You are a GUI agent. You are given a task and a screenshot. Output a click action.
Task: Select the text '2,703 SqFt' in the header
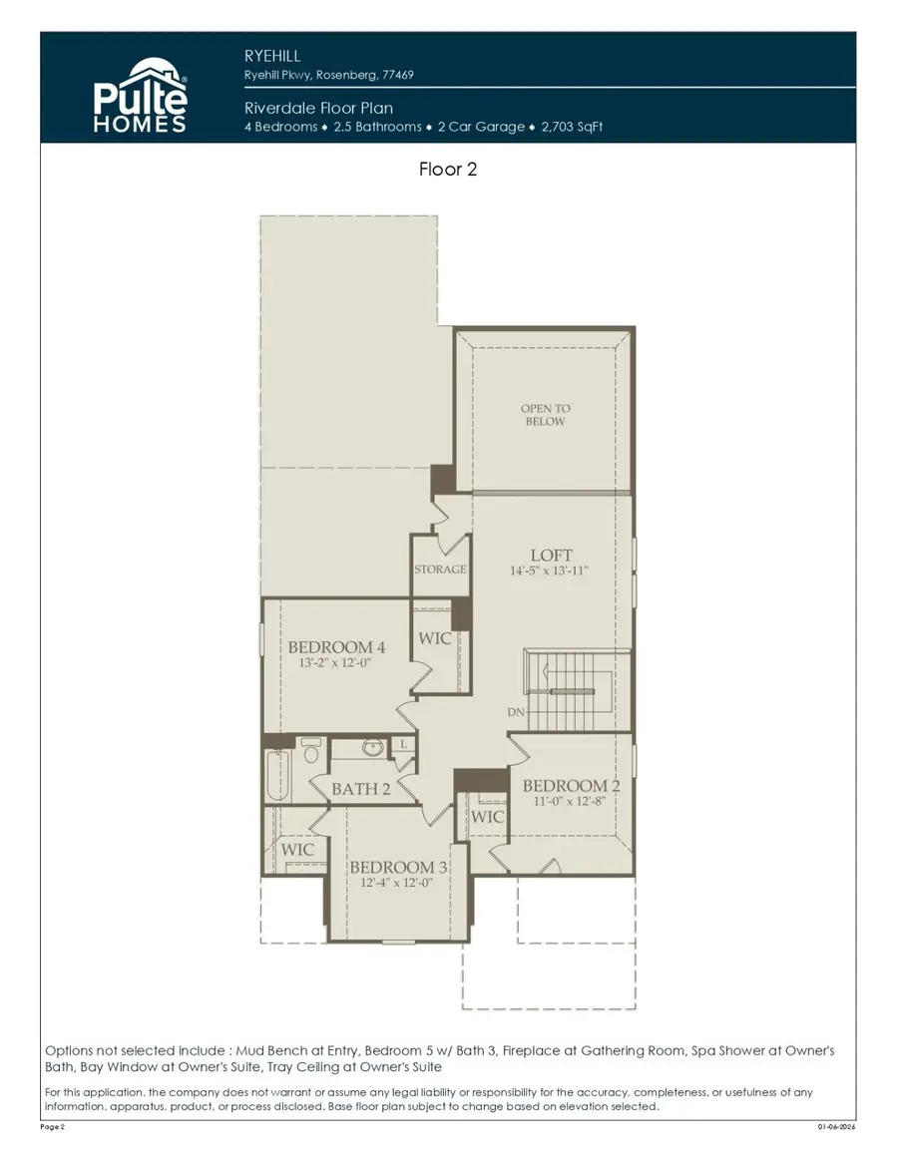click(572, 127)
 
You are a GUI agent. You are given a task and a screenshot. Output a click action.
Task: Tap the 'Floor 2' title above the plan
click(448, 170)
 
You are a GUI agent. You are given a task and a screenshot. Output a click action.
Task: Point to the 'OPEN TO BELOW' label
click(545, 415)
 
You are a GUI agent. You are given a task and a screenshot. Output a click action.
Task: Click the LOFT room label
click(551, 555)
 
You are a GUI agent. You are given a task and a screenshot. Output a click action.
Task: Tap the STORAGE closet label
click(440, 570)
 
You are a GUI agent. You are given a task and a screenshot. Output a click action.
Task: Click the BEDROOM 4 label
click(336, 647)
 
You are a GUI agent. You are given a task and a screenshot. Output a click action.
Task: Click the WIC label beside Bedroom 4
click(434, 638)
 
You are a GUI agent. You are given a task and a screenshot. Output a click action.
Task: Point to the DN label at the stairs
click(516, 712)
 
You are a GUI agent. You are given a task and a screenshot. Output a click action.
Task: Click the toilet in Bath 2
click(310, 748)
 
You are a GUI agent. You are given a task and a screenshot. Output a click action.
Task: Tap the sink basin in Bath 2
click(373, 747)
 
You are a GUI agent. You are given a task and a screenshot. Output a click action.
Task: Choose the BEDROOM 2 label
click(565, 786)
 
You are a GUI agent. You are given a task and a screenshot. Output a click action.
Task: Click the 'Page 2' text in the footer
click(52, 1126)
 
